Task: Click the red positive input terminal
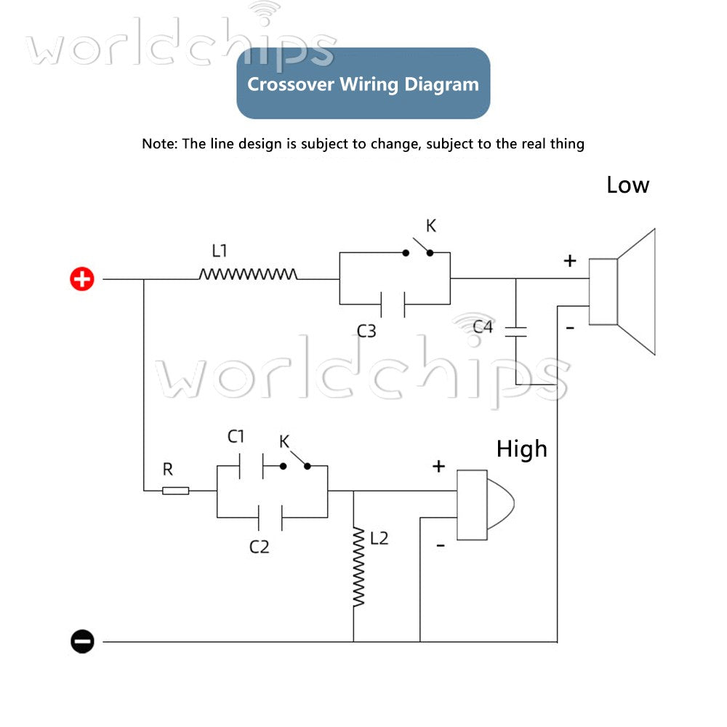82,278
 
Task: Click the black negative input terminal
82,642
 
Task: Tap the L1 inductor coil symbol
248,274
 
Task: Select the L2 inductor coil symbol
358,566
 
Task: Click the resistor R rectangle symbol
176,491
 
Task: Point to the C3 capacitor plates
393,305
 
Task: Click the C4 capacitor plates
515,332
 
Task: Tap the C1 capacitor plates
252,466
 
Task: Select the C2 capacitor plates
270,518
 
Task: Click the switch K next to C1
295,461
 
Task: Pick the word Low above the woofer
628,185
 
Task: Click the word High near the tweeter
521,449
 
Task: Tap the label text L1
220,251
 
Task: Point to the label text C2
260,547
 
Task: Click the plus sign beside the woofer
570,260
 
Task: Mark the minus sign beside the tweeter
441,545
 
